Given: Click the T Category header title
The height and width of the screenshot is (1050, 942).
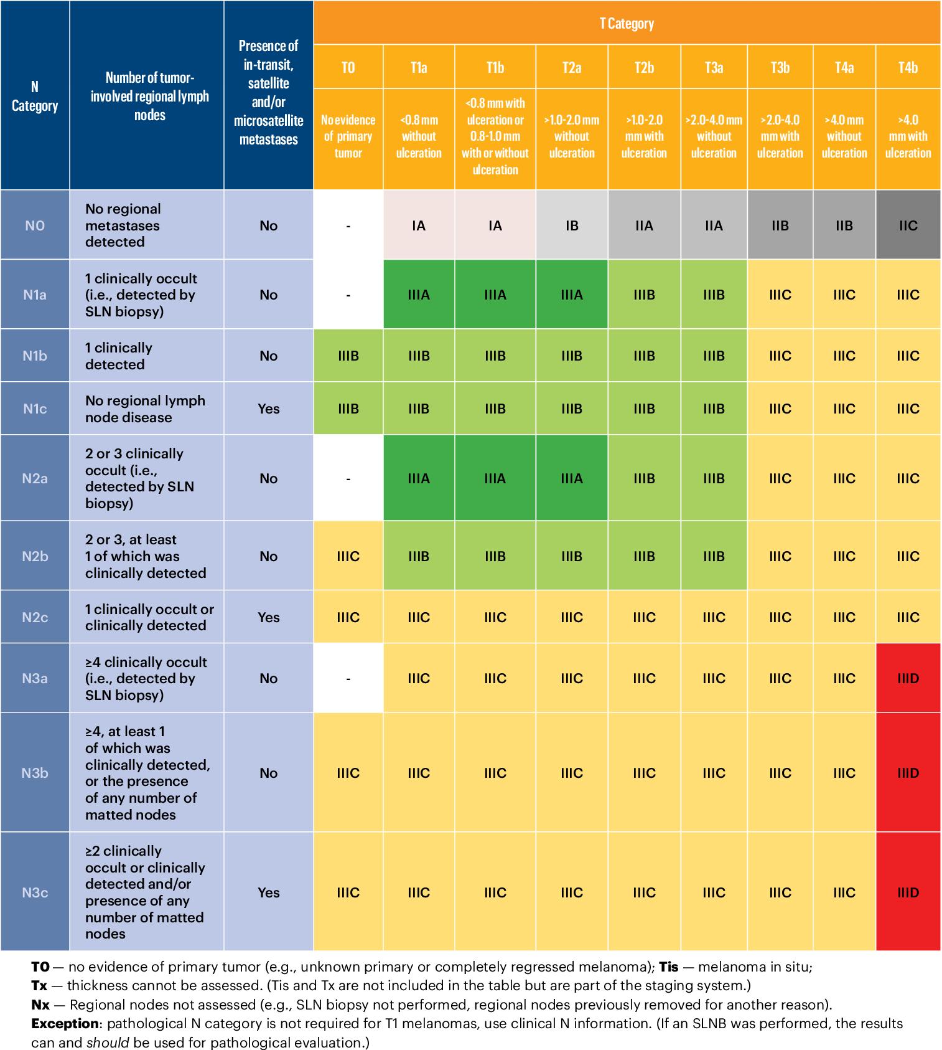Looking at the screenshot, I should pos(627,24).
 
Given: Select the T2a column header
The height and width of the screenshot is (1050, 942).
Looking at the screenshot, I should pos(571,67).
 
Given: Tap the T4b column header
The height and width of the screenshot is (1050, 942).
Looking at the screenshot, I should pos(908,67).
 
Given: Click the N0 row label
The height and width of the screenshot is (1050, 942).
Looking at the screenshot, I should pos(35,225).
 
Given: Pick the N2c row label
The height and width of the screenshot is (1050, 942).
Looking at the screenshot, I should pos(35,617).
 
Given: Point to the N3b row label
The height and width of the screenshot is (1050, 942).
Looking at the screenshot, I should pos(35,773).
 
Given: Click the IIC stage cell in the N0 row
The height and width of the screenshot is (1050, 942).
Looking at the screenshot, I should pos(908,225).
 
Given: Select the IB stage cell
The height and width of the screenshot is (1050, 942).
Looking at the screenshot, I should pos(571,225).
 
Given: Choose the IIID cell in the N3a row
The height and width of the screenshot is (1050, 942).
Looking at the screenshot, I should pos(908,678).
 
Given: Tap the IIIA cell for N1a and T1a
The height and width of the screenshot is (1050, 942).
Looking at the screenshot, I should pos(419,295).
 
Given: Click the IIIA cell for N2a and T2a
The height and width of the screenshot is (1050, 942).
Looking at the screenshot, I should pos(571,478).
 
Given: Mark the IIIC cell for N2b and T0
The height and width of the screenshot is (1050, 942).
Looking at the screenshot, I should pos(348,556).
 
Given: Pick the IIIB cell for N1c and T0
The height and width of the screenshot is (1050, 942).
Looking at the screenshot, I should pos(348,409).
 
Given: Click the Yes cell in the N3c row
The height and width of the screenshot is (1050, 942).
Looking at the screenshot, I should pos(268,892).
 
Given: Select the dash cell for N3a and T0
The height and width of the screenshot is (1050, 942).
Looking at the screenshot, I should pos(348,678).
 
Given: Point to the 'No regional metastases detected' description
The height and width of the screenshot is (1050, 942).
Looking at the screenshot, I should pos(123,225).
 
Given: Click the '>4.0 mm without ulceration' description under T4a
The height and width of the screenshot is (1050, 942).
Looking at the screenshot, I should pos(844,136).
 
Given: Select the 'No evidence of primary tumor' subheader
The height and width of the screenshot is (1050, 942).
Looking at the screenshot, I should pos(348,136).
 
